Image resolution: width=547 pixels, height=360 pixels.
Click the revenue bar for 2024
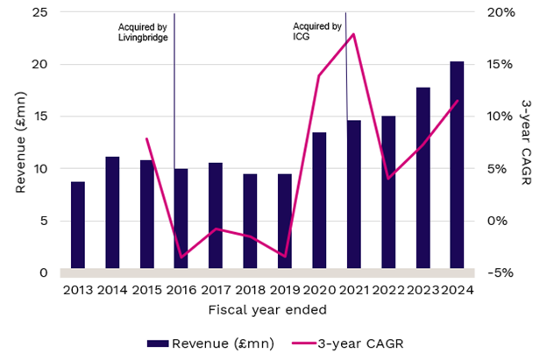pos(457,166)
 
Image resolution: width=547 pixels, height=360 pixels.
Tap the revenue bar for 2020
pos(319,201)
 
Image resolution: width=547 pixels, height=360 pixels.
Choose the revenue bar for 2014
pos(112,214)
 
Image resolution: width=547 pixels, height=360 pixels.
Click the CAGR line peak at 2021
pos(353,34)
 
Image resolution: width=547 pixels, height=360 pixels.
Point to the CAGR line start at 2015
pos(146,138)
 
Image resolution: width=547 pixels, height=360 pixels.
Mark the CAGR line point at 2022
pos(387,178)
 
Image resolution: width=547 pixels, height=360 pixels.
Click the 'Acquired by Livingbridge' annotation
pos(143,32)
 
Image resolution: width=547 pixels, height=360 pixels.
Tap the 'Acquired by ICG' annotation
pos(317,32)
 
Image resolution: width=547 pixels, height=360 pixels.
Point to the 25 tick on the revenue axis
pos(40,13)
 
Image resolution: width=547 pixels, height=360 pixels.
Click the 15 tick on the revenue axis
pos(40,116)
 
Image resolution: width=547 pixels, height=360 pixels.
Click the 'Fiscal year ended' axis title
pos(267,309)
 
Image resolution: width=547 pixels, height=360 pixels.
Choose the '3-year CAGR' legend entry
pos(362,342)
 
